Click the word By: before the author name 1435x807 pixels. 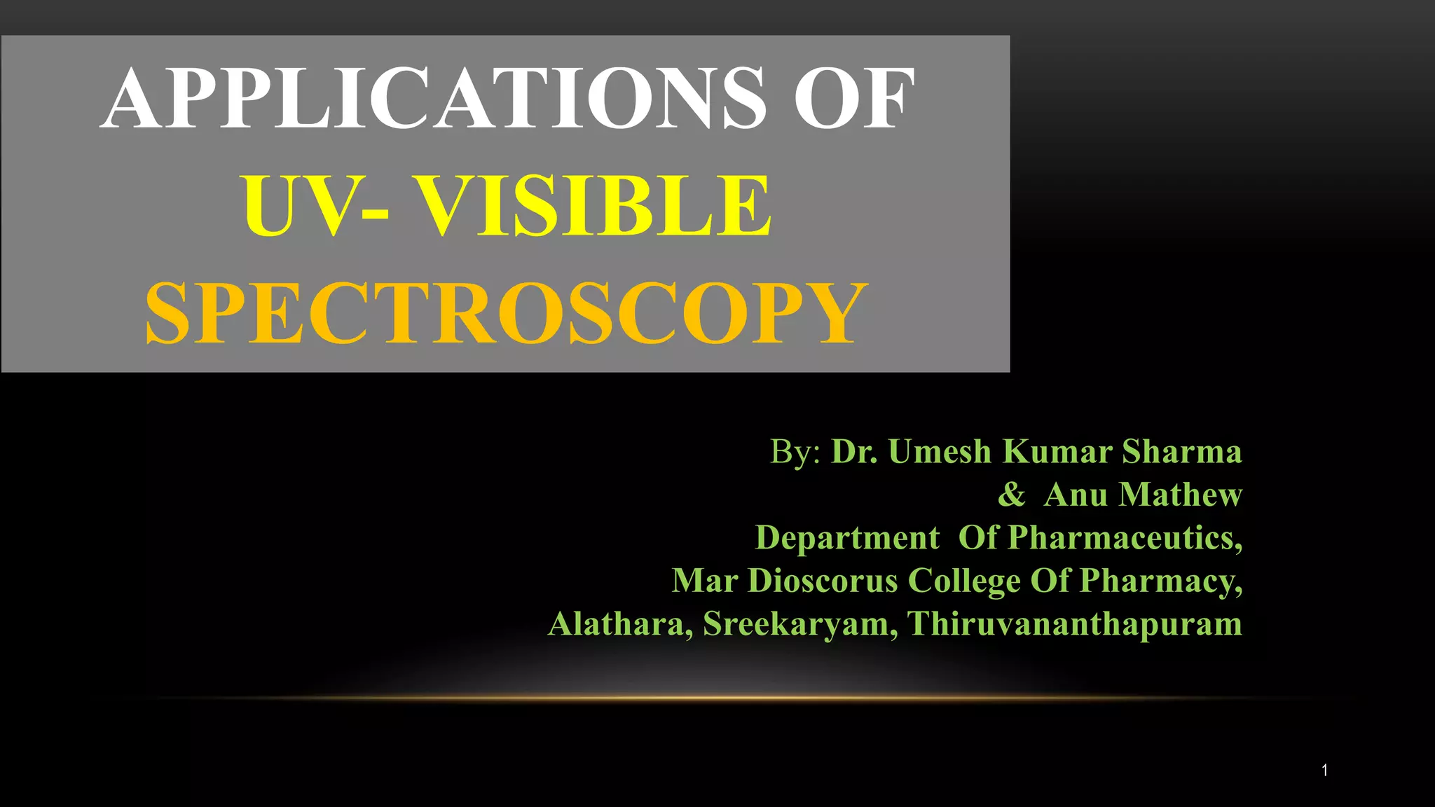[795, 452]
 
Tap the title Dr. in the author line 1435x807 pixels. [854, 452]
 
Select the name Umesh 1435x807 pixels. [940, 452]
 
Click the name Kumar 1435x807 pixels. [1057, 452]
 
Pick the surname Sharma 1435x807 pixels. [1182, 452]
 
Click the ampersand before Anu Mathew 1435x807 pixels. [1011, 495]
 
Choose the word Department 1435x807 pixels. [847, 538]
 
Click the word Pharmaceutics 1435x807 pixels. [1125, 538]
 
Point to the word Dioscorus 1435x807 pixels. [823, 581]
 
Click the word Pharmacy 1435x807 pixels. [1160, 581]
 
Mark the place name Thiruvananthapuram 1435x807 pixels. [1074, 624]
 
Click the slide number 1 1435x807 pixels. [1324, 771]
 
